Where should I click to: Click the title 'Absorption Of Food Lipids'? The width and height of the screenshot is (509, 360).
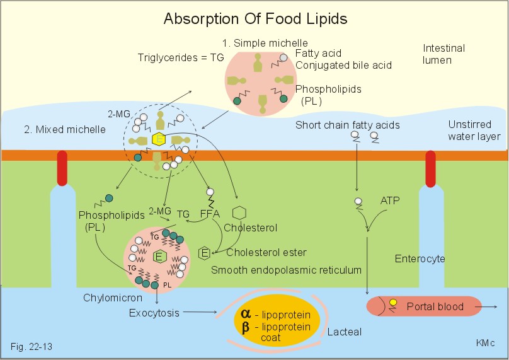tap(255, 19)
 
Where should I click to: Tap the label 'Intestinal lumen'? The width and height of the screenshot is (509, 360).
tap(444, 54)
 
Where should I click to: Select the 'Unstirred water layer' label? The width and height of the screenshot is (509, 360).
tap(474, 131)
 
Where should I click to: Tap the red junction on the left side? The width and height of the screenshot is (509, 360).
tap(61, 168)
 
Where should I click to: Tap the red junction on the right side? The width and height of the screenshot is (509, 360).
tap(432, 168)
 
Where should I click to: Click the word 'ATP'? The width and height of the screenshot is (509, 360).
tap(391, 200)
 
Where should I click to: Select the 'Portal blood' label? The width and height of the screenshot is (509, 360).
tap(435, 307)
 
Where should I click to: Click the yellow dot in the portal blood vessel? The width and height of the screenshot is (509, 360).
tap(393, 303)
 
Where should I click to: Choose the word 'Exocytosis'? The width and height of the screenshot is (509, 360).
tap(154, 313)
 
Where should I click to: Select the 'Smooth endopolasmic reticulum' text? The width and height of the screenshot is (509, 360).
tap(286, 270)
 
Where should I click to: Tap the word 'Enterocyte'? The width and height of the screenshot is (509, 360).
tap(420, 258)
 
